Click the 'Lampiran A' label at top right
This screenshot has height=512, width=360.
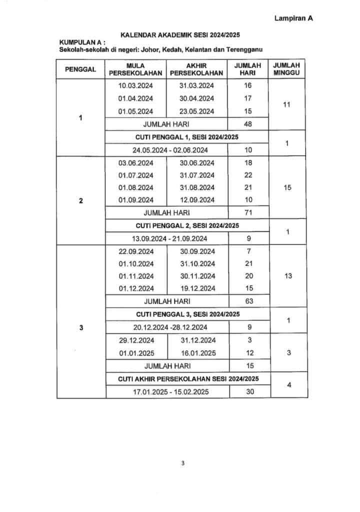293,18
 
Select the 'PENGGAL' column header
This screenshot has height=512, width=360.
80,69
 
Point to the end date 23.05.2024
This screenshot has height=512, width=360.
196,111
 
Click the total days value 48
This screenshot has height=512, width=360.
248,123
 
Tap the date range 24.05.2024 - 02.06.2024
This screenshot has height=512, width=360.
167,150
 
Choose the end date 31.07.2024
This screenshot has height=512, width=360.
196,175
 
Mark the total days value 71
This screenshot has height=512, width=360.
248,212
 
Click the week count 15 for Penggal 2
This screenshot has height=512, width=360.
287,187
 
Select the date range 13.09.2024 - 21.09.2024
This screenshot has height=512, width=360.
167,238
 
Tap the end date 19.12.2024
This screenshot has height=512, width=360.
197,288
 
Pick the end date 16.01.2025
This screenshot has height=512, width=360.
197,353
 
